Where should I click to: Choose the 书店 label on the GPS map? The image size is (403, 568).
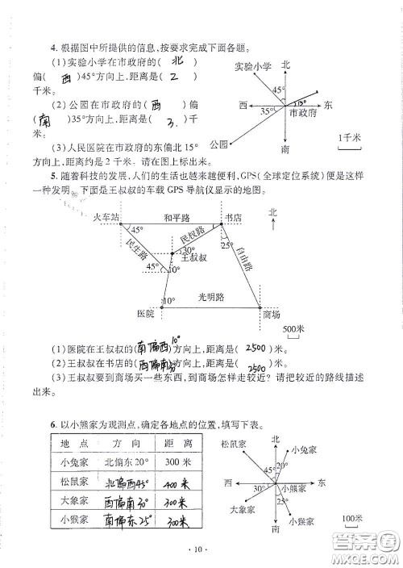click(x=235, y=218)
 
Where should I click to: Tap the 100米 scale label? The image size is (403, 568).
click(x=351, y=518)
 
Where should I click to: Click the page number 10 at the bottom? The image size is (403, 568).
click(x=201, y=551)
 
